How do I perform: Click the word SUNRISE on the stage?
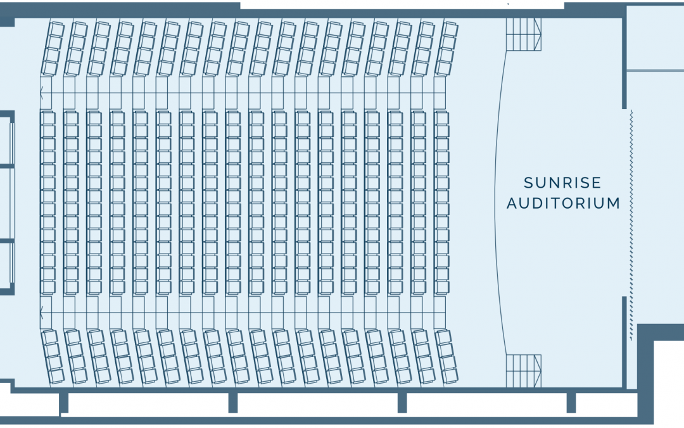tap(562, 183)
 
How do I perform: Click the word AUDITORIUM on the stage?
tap(563, 203)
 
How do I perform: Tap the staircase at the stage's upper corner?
tap(524, 34)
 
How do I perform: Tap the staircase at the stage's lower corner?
tap(524, 371)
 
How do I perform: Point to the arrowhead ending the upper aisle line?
tap(41, 93)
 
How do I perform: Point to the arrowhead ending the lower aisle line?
tap(41, 313)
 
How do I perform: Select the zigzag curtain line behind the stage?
tap(631, 225)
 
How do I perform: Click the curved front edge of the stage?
tap(495, 203)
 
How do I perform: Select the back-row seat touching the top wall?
tap(56, 29)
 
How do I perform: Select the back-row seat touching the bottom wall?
tap(56, 377)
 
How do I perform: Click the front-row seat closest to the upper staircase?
tap(449, 29)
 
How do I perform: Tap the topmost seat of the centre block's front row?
tap(442, 119)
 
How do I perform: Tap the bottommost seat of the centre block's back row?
tap(48, 287)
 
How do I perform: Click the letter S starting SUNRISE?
tap(528, 183)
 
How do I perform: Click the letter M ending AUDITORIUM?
tap(614, 203)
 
